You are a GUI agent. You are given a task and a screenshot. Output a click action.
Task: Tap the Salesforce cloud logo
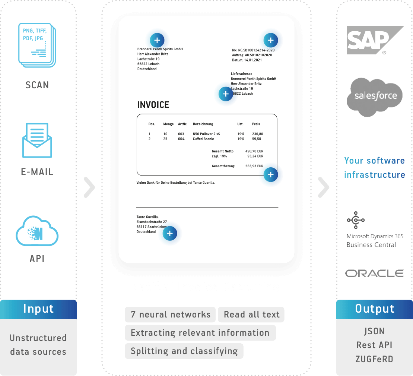pyautogui.click(x=375, y=96)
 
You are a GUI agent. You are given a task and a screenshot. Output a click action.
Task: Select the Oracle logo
pyautogui.click(x=374, y=274)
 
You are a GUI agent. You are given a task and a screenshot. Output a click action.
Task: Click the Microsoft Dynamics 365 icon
pyautogui.click(x=356, y=220)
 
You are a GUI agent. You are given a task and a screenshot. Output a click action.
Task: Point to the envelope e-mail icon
pyautogui.click(x=37, y=140)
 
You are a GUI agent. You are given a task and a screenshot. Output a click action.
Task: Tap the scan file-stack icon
pyautogui.click(x=36, y=45)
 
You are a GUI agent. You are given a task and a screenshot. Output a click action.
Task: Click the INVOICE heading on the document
pyautogui.click(x=153, y=105)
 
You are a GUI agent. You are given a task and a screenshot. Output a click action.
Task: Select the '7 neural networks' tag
pyautogui.click(x=170, y=315)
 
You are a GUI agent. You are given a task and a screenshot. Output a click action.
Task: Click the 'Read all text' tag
pyautogui.click(x=251, y=315)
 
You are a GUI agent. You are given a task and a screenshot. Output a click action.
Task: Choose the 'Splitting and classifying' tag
pyautogui.click(x=184, y=351)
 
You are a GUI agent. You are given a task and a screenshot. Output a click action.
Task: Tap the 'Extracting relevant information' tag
pyautogui.click(x=200, y=333)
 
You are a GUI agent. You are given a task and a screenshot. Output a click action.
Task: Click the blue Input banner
pyautogui.click(x=39, y=309)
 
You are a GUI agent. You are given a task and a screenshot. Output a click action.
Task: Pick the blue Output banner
pyautogui.click(x=374, y=309)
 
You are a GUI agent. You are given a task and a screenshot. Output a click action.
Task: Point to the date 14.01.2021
pyautogui.click(x=253, y=60)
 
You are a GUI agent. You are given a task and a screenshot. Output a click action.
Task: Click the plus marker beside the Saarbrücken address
pyautogui.click(x=170, y=234)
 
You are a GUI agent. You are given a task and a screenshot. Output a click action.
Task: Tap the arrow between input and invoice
pyautogui.click(x=89, y=187)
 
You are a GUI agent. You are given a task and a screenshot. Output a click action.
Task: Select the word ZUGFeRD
pyautogui.click(x=374, y=359)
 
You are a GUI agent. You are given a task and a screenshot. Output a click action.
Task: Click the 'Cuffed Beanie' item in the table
pyautogui.click(x=203, y=139)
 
